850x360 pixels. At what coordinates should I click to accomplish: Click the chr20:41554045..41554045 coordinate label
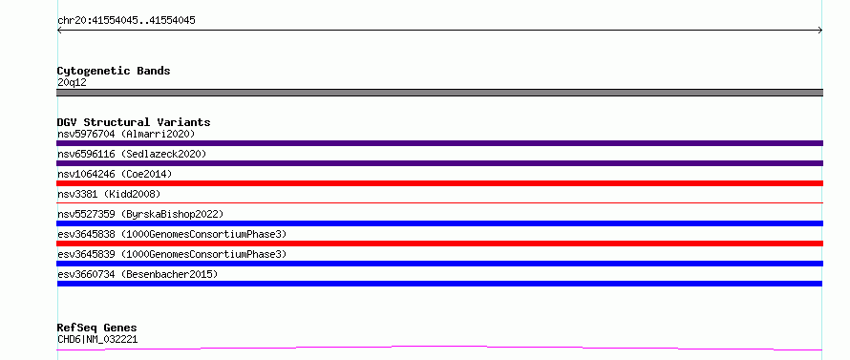tap(126, 21)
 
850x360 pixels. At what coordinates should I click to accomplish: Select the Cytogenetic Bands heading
tap(114, 71)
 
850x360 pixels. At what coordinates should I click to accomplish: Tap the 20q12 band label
tap(72, 83)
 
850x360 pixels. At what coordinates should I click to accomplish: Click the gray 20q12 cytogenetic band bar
tap(439, 93)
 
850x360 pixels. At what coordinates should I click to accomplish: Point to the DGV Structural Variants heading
tap(134, 122)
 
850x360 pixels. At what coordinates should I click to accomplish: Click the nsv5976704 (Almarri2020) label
tap(126, 134)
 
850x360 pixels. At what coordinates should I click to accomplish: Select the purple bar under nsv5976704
tap(439, 143)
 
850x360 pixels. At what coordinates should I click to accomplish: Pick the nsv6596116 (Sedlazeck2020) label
tap(132, 154)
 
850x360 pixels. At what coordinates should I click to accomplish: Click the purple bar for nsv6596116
tap(439, 163)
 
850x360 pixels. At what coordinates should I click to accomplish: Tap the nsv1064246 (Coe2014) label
tap(115, 174)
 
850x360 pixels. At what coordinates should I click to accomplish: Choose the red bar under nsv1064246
tap(439, 183)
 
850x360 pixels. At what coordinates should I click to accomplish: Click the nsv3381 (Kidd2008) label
tap(109, 194)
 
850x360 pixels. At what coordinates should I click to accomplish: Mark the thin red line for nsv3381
tap(439, 202)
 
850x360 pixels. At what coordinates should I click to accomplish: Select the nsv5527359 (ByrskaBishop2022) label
tap(140, 214)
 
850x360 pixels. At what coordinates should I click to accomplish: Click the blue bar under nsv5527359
tap(439, 223)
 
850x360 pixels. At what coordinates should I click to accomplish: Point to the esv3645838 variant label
tap(172, 234)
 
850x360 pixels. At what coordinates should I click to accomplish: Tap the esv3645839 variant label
tap(172, 254)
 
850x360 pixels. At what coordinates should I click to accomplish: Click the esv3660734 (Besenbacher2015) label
tap(138, 274)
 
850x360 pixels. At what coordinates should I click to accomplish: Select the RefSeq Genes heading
tap(97, 328)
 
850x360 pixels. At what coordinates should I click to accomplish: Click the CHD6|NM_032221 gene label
tap(97, 340)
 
